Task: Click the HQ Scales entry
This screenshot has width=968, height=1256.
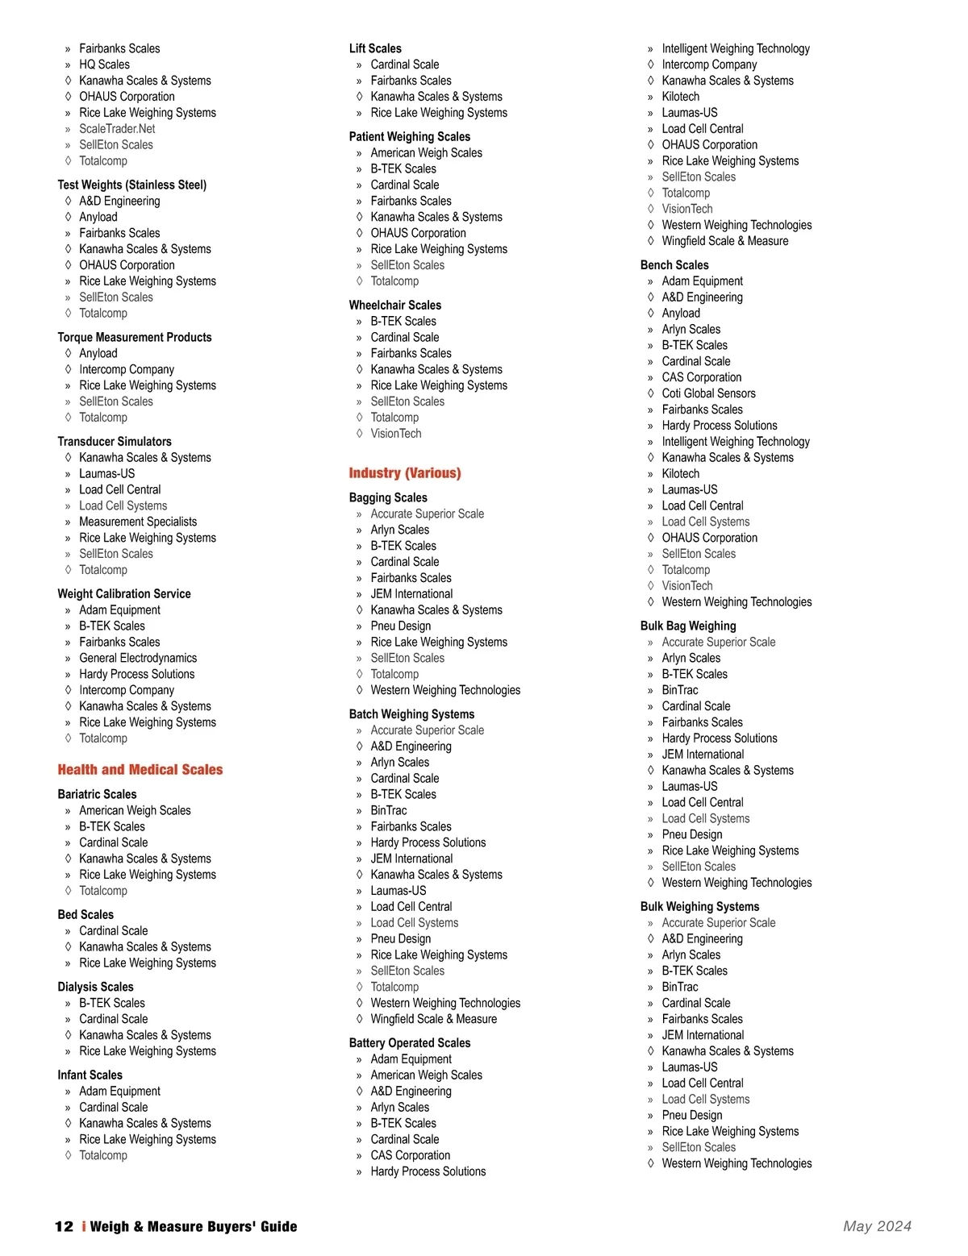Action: [104, 64]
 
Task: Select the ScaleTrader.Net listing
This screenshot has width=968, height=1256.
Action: [117, 129]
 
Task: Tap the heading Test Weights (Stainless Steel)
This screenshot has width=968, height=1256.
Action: [132, 185]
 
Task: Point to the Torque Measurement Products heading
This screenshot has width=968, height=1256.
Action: [135, 337]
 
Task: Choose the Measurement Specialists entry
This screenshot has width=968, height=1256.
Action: [138, 522]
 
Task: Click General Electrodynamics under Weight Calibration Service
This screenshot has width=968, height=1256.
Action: [138, 658]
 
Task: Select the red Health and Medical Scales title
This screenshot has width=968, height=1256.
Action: [140, 770]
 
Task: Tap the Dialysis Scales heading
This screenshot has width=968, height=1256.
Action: [96, 987]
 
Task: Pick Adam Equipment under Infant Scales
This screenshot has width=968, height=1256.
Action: [119, 1091]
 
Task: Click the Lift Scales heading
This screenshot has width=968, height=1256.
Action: [375, 48]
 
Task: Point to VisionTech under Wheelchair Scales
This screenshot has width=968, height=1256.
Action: [396, 434]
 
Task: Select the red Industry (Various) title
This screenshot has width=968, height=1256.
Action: [405, 473]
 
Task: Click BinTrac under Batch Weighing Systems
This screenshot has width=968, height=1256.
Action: [389, 810]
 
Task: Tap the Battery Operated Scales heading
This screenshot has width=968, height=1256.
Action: [410, 1043]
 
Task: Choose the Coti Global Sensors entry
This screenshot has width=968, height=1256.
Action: [709, 393]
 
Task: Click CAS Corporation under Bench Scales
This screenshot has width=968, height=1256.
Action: [702, 377]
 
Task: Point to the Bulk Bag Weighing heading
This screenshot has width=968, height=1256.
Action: [688, 626]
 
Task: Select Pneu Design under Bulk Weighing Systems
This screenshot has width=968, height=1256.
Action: [692, 1115]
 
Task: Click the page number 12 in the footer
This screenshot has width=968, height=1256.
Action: [64, 1226]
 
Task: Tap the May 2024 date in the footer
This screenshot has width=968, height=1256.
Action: [877, 1226]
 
